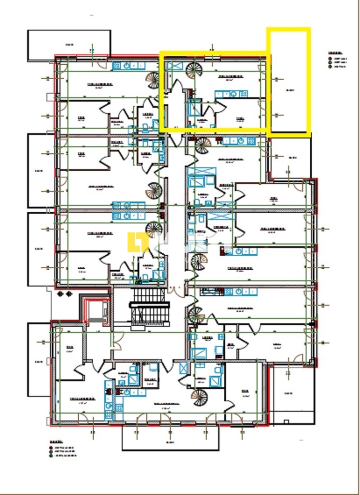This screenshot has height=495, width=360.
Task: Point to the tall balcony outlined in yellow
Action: pos(289,82)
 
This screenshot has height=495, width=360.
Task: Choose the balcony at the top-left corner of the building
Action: pos(69,45)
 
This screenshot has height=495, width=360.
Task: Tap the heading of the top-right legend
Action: pos(335,52)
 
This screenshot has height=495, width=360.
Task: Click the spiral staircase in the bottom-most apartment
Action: pos(199,397)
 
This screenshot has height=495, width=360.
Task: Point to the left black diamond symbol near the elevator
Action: pos(61,293)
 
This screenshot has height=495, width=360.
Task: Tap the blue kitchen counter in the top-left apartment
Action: pos(129,66)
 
